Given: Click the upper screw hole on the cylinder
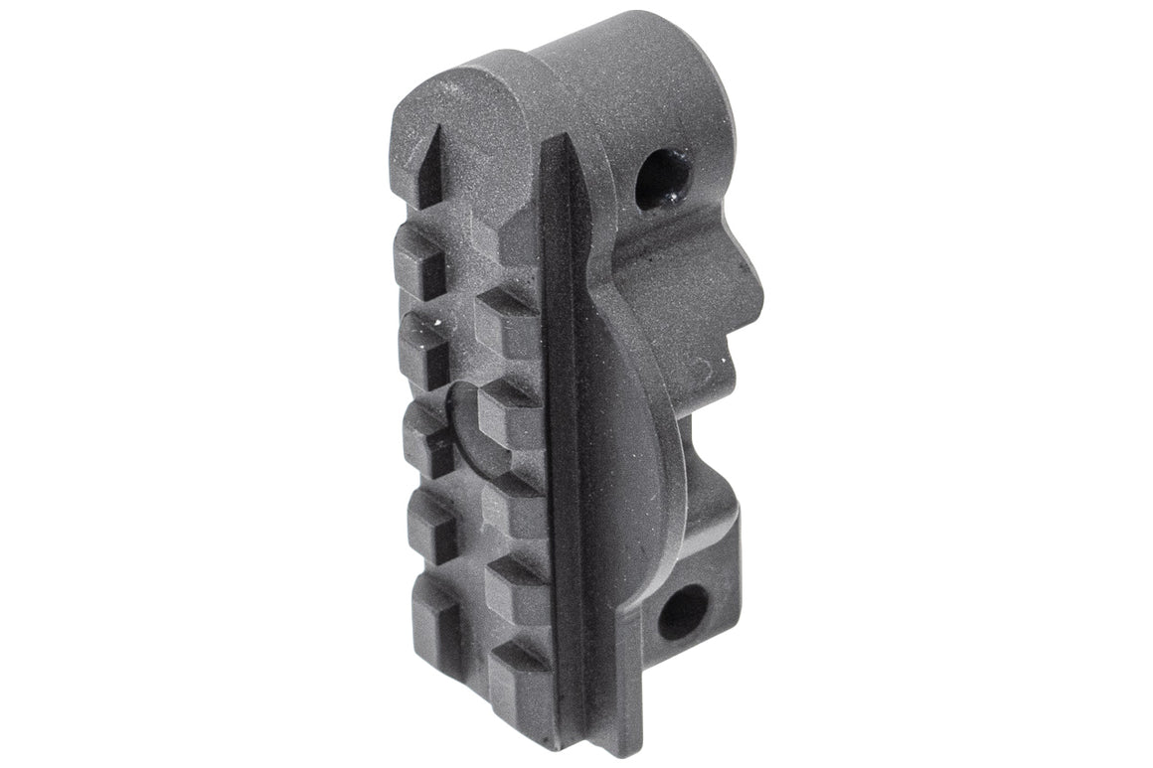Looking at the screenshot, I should pos(660,179).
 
